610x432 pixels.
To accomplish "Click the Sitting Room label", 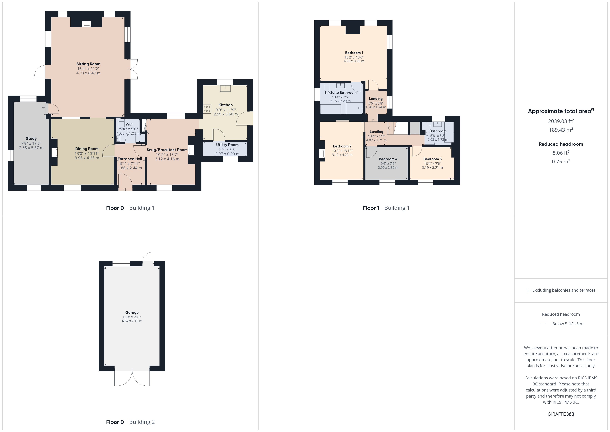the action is (x=88, y=64).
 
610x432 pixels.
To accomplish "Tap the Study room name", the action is (x=31, y=138).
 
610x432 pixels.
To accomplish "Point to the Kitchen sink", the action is (x=225, y=89).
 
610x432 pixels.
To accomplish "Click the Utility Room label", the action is (x=227, y=145).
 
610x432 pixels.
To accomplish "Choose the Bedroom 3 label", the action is (x=433, y=159).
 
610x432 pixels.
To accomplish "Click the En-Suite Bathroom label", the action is (x=340, y=93).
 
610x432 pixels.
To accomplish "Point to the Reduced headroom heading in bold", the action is (x=561, y=144).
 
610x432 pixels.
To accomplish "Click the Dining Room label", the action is (x=87, y=149).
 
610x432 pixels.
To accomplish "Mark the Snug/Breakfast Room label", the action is (x=167, y=150).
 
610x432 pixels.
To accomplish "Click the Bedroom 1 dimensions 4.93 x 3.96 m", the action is (x=354, y=61).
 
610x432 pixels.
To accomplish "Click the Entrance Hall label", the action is (x=130, y=159).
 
